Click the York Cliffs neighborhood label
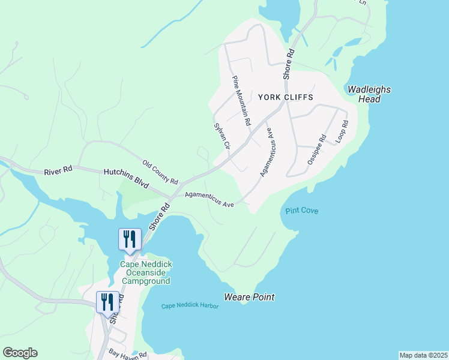pos(286,97)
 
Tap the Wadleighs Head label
pos(369,94)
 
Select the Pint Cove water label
pos(301,211)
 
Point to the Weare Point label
pos(249,297)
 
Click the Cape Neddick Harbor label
pos(190,306)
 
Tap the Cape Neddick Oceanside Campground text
pos(145,272)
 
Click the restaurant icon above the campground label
pos(130,239)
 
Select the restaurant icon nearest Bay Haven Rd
pos(107,302)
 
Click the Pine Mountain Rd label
pos(241,100)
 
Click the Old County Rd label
pos(160,172)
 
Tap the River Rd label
pos(58,170)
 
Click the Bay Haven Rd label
pos(127,354)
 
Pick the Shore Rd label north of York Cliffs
pos(289,62)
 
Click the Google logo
pos(20,353)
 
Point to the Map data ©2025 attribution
pos(423,355)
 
